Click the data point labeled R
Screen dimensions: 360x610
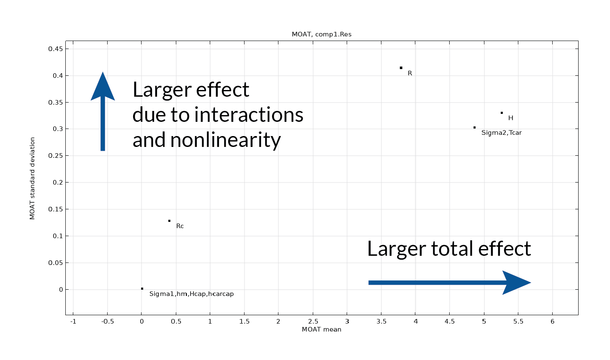pyautogui.click(x=401, y=68)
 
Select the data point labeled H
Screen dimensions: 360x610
pyautogui.click(x=502, y=113)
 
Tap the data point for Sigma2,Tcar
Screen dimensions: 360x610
pyautogui.click(x=474, y=127)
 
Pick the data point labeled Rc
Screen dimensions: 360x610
pyautogui.click(x=169, y=221)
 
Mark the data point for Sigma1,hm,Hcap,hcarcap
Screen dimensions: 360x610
pyautogui.click(x=142, y=288)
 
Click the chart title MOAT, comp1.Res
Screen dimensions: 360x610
pyautogui.click(x=322, y=34)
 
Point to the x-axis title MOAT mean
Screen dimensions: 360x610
pyautogui.click(x=322, y=329)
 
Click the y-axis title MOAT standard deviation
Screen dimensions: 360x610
pyautogui.click(x=32, y=178)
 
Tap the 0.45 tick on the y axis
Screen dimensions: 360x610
pyautogui.click(x=56, y=49)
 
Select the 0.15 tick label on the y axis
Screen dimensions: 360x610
pyautogui.click(x=56, y=209)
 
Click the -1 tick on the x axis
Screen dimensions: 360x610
pyautogui.click(x=73, y=321)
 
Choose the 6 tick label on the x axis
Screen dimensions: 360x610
pyautogui.click(x=553, y=321)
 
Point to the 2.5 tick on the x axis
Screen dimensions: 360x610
pyautogui.click(x=313, y=321)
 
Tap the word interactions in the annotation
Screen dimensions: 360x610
pyautogui.click(x=249, y=115)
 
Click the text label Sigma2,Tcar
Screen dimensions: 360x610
pyautogui.click(x=502, y=133)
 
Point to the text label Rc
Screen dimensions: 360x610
pyautogui.click(x=180, y=226)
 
